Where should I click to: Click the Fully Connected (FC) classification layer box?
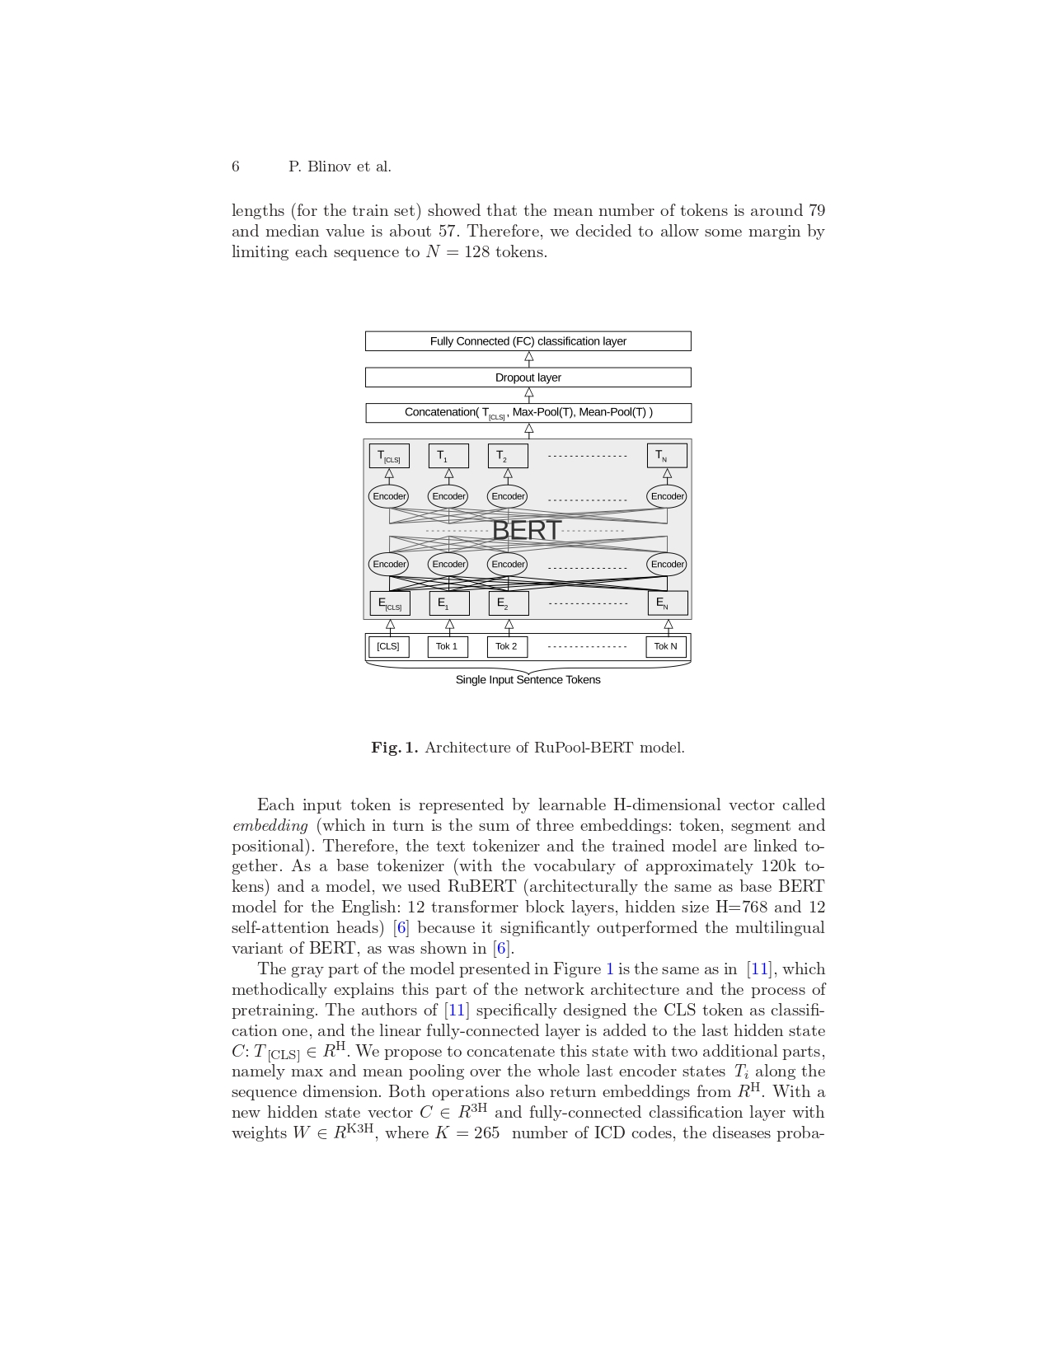point(528,341)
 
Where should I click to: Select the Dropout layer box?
point(528,378)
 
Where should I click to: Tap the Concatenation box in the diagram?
point(528,412)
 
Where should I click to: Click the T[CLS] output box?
point(389,456)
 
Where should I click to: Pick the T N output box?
point(667,456)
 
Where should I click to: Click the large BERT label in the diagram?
point(526,530)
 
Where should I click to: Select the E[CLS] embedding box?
point(390,603)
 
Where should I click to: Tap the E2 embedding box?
point(509,603)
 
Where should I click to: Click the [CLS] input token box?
point(388,646)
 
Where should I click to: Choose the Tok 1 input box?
point(448,646)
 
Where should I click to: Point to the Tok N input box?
point(666,646)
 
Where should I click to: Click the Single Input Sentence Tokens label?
point(528,680)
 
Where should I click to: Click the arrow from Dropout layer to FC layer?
point(528,359)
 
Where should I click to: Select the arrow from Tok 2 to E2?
point(509,626)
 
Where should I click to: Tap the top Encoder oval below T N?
point(667,496)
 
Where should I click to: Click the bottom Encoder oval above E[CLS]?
point(389,565)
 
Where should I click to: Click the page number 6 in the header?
point(236,166)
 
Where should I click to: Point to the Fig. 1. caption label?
point(395,748)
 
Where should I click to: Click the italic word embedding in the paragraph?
point(270,826)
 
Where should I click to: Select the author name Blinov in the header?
point(329,166)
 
